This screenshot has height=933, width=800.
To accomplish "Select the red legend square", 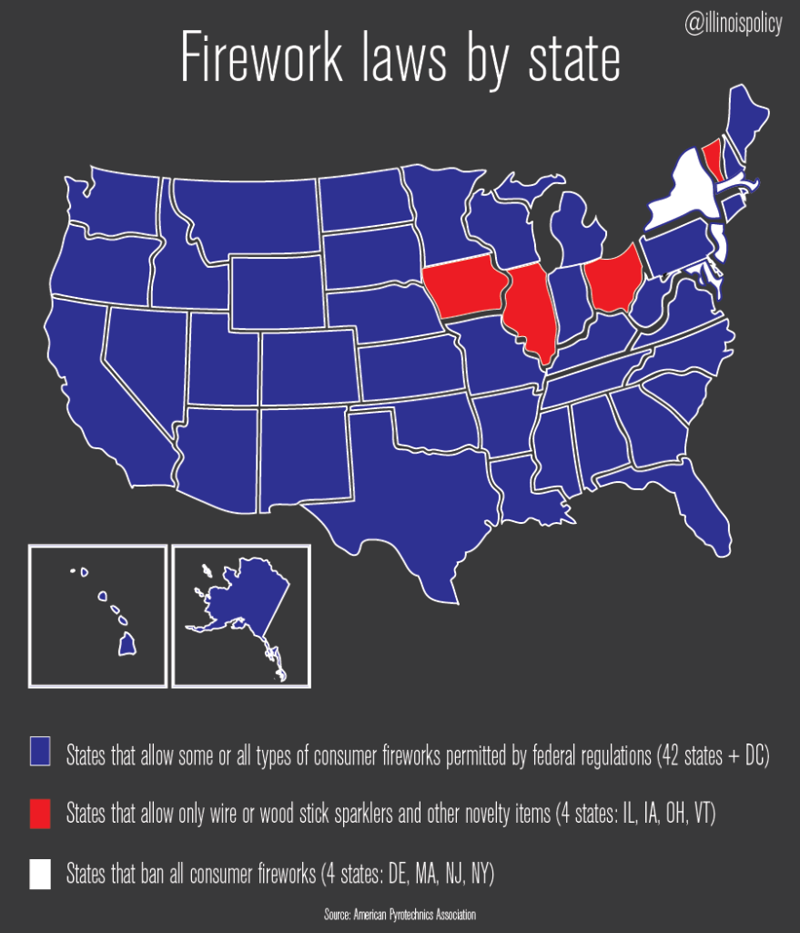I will (x=39, y=815).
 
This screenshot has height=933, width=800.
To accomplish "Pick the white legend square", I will (x=39, y=874).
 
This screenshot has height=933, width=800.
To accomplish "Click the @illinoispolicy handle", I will (x=733, y=25).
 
